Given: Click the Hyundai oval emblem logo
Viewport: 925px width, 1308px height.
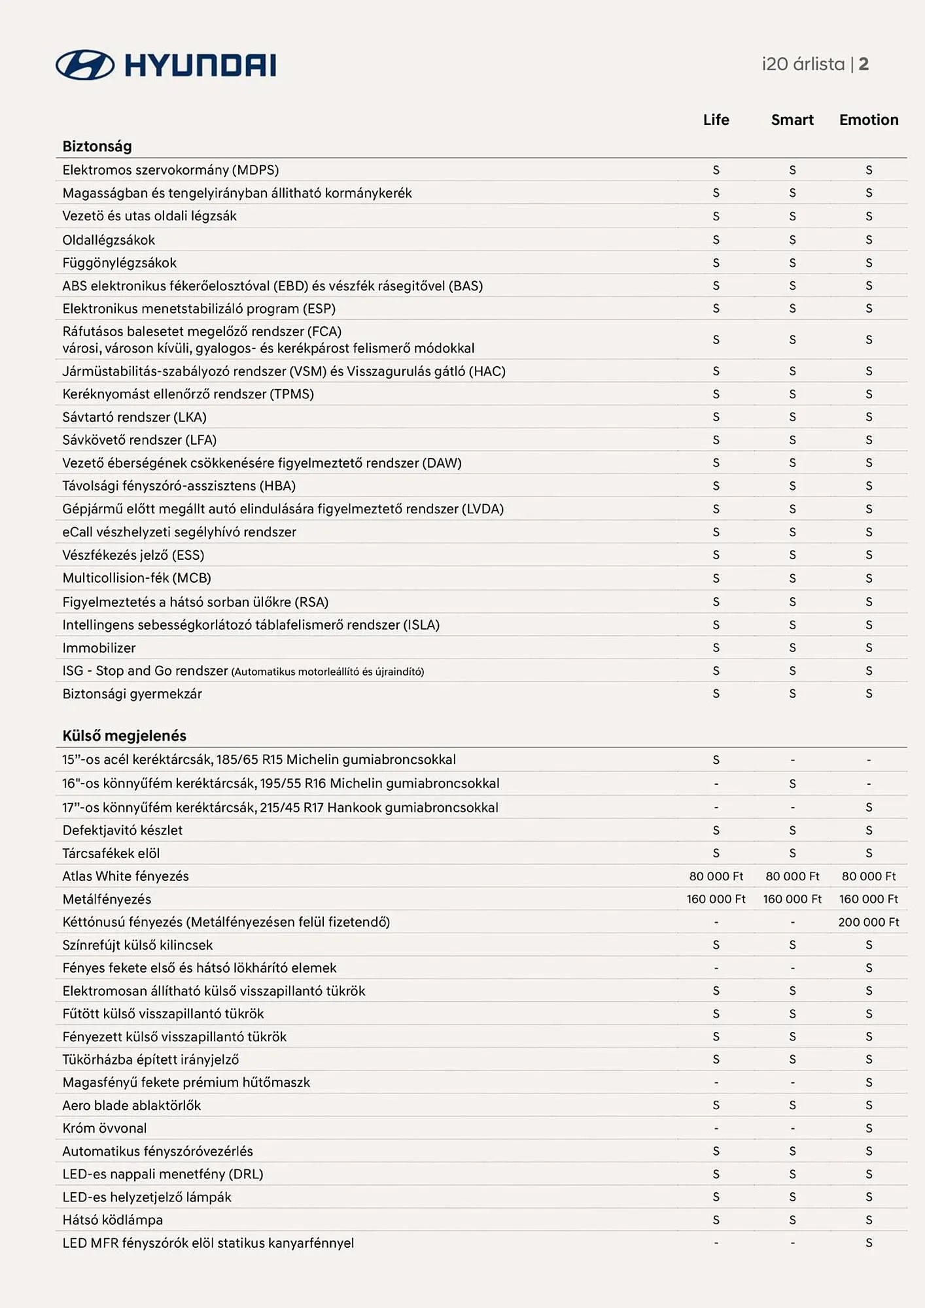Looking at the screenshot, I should [85, 65].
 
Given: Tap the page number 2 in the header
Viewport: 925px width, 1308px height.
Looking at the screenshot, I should [864, 64].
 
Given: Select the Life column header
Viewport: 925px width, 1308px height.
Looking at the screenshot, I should [716, 120].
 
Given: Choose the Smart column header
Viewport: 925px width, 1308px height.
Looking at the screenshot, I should [792, 120].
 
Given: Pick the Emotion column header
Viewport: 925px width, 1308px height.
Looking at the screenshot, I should [869, 120].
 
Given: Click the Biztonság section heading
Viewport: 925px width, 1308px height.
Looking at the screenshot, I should [97, 146].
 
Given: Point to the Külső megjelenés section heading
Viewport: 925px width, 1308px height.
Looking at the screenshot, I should [124, 736].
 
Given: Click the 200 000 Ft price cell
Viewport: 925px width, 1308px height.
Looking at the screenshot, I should [869, 922].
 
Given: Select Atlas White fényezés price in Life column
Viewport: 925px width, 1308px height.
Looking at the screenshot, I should [716, 876].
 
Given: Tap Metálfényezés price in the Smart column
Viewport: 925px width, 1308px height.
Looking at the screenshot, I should [792, 899].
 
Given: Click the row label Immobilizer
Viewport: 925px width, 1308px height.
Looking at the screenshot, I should [99, 648].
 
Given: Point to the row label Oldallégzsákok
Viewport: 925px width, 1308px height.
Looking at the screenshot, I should [109, 240].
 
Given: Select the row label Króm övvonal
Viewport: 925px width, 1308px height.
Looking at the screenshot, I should [105, 1128].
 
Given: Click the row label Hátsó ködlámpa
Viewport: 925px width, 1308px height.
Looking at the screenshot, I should [113, 1220].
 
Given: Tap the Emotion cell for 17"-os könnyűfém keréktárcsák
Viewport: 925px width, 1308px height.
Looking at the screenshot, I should [869, 808].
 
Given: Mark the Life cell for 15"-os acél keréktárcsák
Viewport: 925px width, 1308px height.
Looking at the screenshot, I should [716, 760].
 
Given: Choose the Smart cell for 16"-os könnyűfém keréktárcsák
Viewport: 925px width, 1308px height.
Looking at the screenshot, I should [792, 783].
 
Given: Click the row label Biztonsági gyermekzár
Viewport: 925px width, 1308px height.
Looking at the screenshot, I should [132, 694].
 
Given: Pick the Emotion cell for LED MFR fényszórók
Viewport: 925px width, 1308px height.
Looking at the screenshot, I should [869, 1243].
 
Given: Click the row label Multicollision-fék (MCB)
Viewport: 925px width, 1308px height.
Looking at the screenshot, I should [137, 578].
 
